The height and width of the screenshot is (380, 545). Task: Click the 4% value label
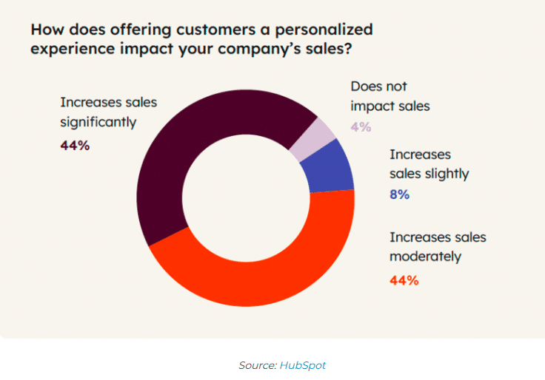(361, 126)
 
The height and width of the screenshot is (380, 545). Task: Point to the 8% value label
(400, 195)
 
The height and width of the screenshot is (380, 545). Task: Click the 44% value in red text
(404, 280)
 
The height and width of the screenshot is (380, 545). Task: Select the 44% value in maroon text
(75, 146)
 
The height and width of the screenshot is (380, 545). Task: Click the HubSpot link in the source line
(302, 365)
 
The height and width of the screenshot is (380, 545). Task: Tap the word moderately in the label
(426, 257)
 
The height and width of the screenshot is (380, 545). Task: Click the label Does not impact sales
(389, 96)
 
